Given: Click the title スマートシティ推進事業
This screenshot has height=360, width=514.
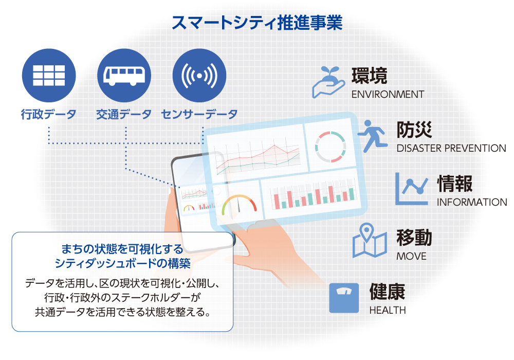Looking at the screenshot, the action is (257, 23).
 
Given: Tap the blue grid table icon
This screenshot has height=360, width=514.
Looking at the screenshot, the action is (49, 76).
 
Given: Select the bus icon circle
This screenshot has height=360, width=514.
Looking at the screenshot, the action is (124, 76).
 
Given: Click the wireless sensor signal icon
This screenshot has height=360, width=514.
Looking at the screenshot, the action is (199, 76).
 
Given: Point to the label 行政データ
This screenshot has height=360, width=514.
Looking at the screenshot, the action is (48, 114).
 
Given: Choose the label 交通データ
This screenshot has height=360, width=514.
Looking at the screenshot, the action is (124, 114).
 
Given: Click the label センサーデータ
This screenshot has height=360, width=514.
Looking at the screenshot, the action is (199, 114).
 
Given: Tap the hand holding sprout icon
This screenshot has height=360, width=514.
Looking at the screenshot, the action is (328, 82).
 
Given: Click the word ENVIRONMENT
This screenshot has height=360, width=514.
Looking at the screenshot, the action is (388, 95).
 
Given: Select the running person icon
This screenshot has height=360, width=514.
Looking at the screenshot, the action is (373, 136).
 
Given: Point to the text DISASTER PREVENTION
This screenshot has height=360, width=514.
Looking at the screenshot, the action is (451, 148).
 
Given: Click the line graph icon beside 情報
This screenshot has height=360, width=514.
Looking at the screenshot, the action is (411, 189).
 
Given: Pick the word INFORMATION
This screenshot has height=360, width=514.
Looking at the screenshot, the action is (472, 202).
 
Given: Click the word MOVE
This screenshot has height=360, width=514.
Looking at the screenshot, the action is (411, 256).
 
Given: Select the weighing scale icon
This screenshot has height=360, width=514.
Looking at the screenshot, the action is (344, 298).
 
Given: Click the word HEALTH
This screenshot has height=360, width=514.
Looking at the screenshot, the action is (388, 310).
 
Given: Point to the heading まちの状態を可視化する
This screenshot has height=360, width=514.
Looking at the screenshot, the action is (122, 249).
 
